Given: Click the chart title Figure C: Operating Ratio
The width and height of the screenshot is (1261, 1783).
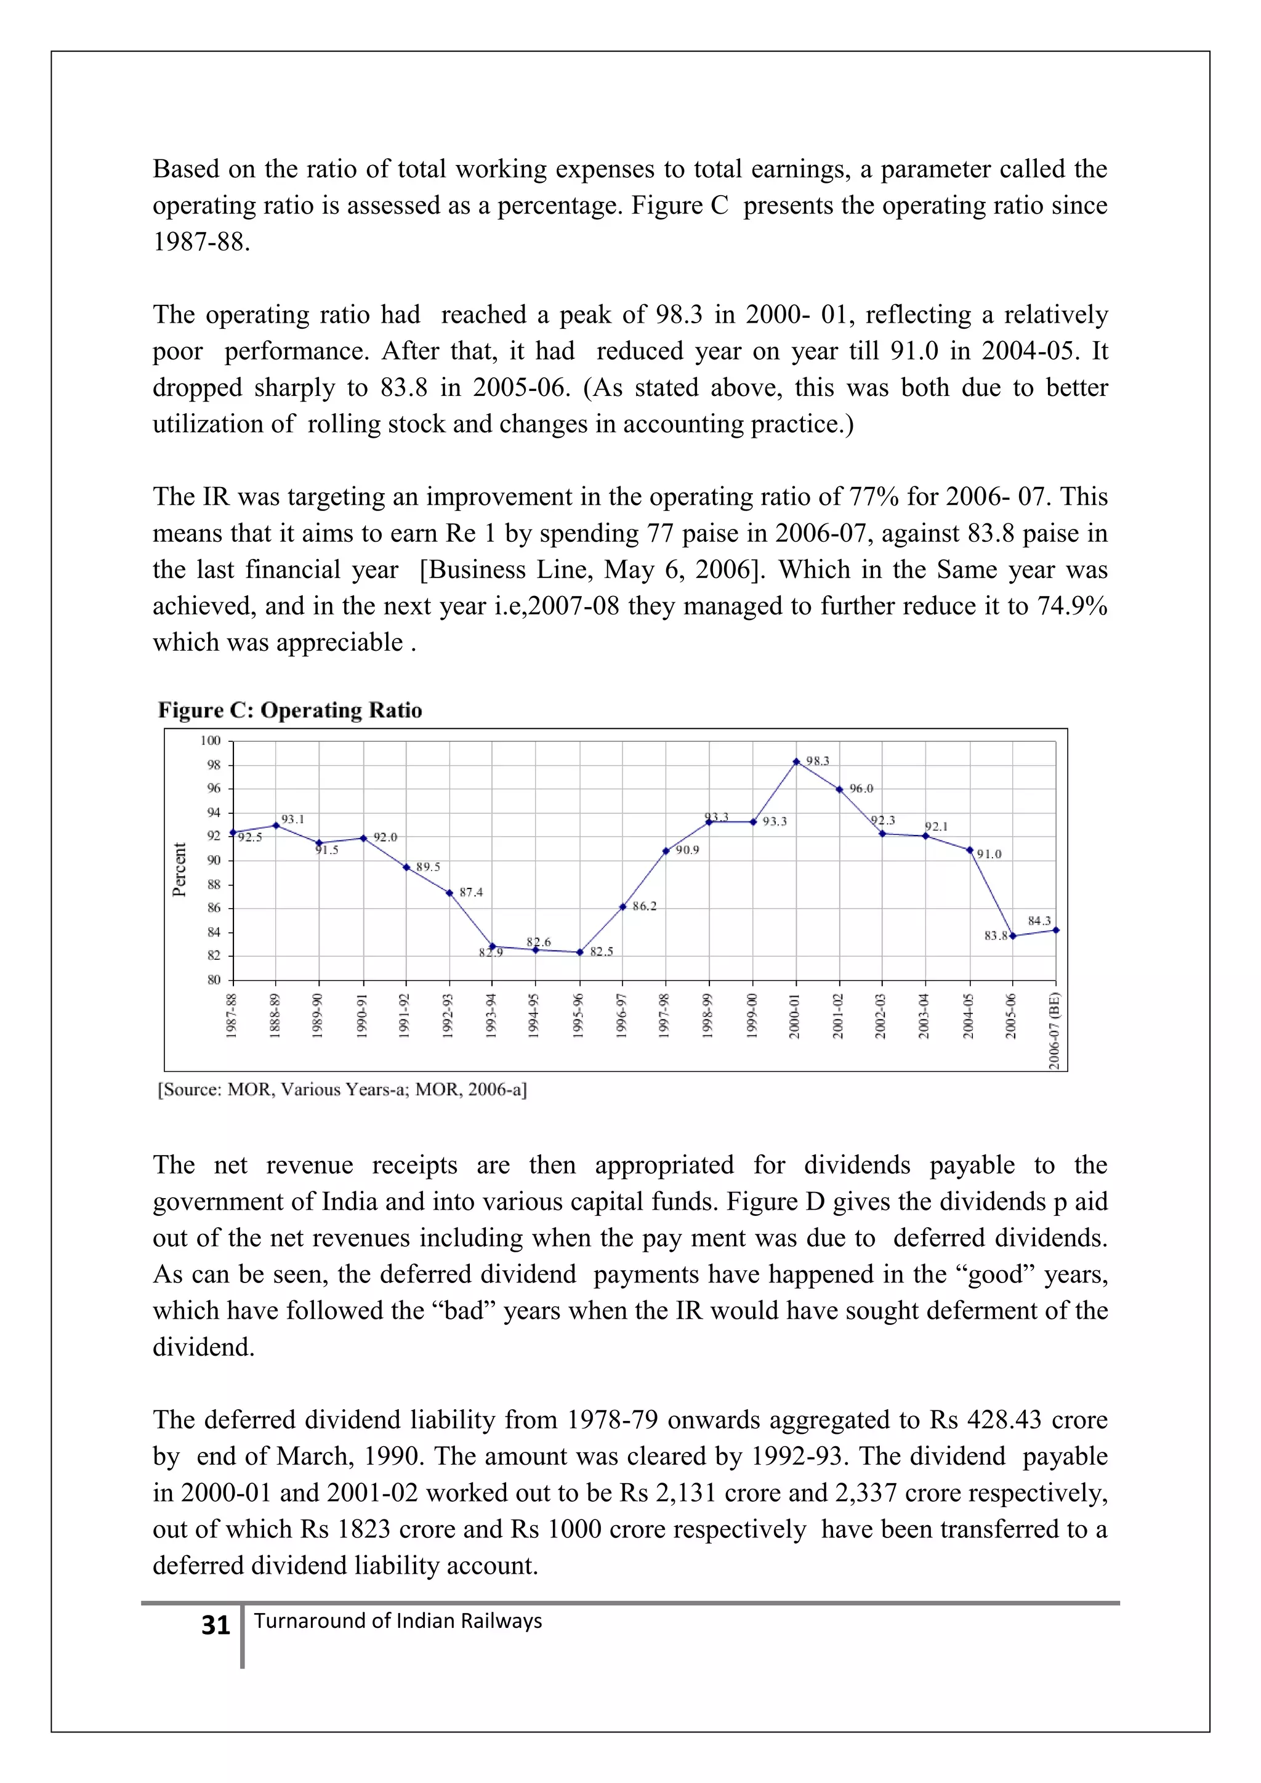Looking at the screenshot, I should coord(289,710).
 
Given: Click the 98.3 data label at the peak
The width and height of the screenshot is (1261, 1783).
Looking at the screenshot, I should coord(817,761).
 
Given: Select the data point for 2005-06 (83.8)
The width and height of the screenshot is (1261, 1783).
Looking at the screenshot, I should coord(1012,936).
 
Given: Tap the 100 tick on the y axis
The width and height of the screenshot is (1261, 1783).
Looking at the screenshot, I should coord(211,741).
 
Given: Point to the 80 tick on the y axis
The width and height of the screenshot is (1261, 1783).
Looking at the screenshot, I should coord(214,980).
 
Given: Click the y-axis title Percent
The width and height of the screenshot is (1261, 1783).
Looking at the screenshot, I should coord(179,870).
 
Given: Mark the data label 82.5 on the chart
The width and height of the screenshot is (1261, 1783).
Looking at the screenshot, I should coord(601,952).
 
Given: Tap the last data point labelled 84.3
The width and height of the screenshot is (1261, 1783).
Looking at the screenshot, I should coord(1055,930).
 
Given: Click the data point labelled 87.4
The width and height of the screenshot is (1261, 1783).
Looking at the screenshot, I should coord(449,893).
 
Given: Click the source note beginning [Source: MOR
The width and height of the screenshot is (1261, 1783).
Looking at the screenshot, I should coord(342,1090).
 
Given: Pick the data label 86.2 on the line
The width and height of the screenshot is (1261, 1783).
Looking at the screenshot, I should coord(643,906).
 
